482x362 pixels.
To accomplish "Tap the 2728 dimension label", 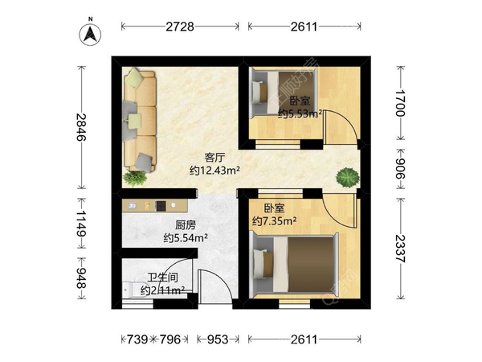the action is (x=180, y=27).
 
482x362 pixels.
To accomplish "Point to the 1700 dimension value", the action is (x=399, y=103).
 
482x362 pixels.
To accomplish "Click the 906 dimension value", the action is (x=399, y=168).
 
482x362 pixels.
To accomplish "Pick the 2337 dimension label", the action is (x=401, y=249).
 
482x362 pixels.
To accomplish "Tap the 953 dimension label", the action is (x=218, y=339).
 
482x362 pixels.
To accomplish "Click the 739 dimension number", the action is (x=137, y=339).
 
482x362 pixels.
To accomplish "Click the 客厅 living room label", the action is (x=214, y=158).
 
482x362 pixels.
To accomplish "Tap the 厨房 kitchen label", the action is (x=186, y=225).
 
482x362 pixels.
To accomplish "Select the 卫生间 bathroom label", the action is (x=163, y=278).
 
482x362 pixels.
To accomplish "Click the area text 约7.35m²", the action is (x=275, y=220).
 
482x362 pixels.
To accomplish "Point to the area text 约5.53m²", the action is (x=300, y=114).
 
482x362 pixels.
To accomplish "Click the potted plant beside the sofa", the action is (x=134, y=178).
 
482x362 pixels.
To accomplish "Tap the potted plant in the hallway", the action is (x=348, y=177).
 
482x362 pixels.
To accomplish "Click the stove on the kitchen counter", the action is (x=161, y=206).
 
